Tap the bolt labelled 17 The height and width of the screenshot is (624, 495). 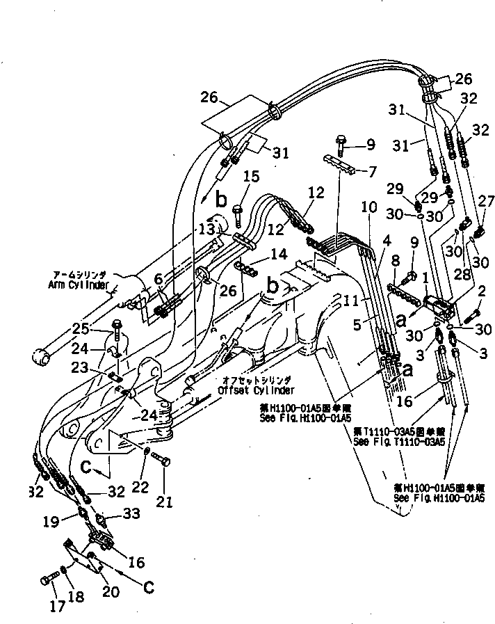50,577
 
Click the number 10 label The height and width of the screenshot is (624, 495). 368,207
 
